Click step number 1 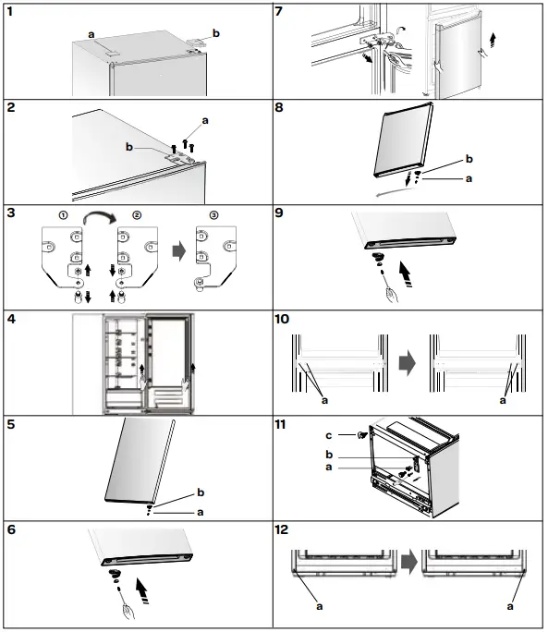(10, 11)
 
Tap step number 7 (279, 11)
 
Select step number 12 (282, 529)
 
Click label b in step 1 (216, 33)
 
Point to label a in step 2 (205, 120)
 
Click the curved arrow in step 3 (100, 216)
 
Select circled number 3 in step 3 (213, 215)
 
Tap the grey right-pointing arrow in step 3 (179, 251)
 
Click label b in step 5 (201, 492)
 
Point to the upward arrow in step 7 (493, 41)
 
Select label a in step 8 (469, 178)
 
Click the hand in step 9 (392, 295)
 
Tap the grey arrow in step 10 (408, 363)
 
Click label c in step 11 (329, 435)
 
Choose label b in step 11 (329, 455)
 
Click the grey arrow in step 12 (409, 563)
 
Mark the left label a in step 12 (320, 606)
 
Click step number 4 (11, 319)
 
